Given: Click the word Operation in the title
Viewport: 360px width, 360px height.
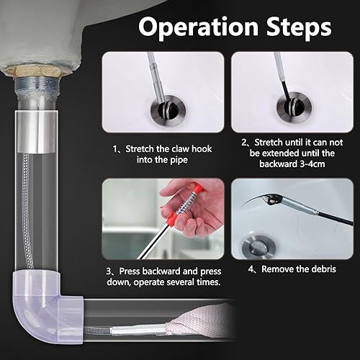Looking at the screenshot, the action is pos(198,27).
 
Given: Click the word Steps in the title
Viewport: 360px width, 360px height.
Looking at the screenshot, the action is pos(299,27).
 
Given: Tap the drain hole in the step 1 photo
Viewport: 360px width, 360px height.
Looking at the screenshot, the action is pos(168,109).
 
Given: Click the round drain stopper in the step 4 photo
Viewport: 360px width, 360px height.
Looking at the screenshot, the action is pos(258,247).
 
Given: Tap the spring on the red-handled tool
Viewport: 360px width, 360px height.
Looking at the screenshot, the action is pos(187,204).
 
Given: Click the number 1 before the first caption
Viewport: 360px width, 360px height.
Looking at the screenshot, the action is pos(115,149).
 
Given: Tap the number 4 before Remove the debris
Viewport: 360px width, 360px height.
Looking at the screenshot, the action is pos(251,269).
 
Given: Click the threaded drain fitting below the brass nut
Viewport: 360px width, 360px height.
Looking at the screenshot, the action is pos(37,87).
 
